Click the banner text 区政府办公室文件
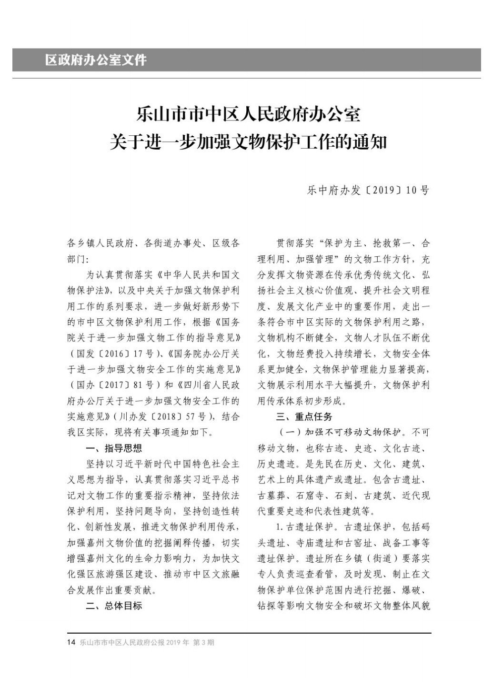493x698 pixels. click(96, 60)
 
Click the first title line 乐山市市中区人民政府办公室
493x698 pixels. click(248, 114)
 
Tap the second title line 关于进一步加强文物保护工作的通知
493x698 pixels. click(248, 142)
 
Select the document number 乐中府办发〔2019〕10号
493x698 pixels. click(368, 191)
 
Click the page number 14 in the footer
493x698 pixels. click(71, 642)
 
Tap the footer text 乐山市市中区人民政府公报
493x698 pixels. click(122, 642)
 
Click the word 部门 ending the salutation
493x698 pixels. click(75, 259)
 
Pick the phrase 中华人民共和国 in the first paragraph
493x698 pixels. click(196, 275)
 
